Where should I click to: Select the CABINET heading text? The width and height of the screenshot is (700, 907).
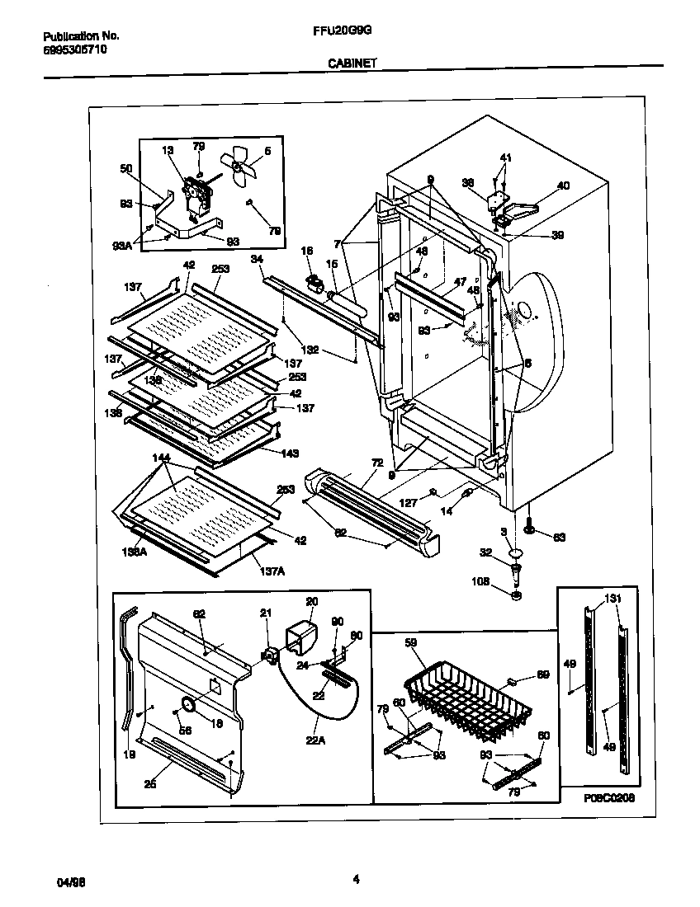[x=350, y=62]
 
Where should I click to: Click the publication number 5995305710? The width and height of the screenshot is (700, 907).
[x=73, y=49]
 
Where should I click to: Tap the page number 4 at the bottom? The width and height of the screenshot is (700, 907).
[x=356, y=879]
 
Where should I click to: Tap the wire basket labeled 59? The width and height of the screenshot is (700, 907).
[x=462, y=693]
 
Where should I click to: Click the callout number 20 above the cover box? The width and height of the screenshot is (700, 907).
[x=311, y=601]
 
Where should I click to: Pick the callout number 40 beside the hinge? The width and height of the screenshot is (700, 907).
[x=563, y=186]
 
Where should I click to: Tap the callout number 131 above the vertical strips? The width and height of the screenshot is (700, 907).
[x=612, y=599]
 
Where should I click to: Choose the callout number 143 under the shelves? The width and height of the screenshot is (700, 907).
[x=289, y=453]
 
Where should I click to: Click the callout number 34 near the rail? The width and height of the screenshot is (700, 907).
[x=257, y=259]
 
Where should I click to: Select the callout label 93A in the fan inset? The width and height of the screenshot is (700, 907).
[x=122, y=246]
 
